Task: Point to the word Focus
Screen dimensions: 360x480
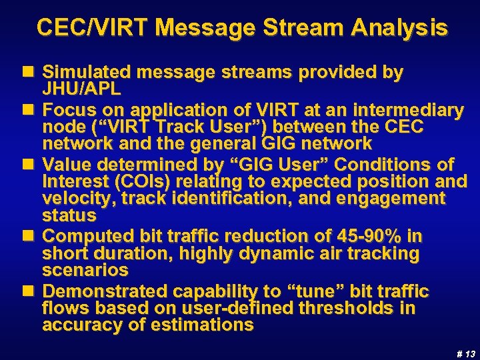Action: [69, 109]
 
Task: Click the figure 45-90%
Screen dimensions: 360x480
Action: [379, 237]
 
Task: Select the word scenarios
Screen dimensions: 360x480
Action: [85, 271]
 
